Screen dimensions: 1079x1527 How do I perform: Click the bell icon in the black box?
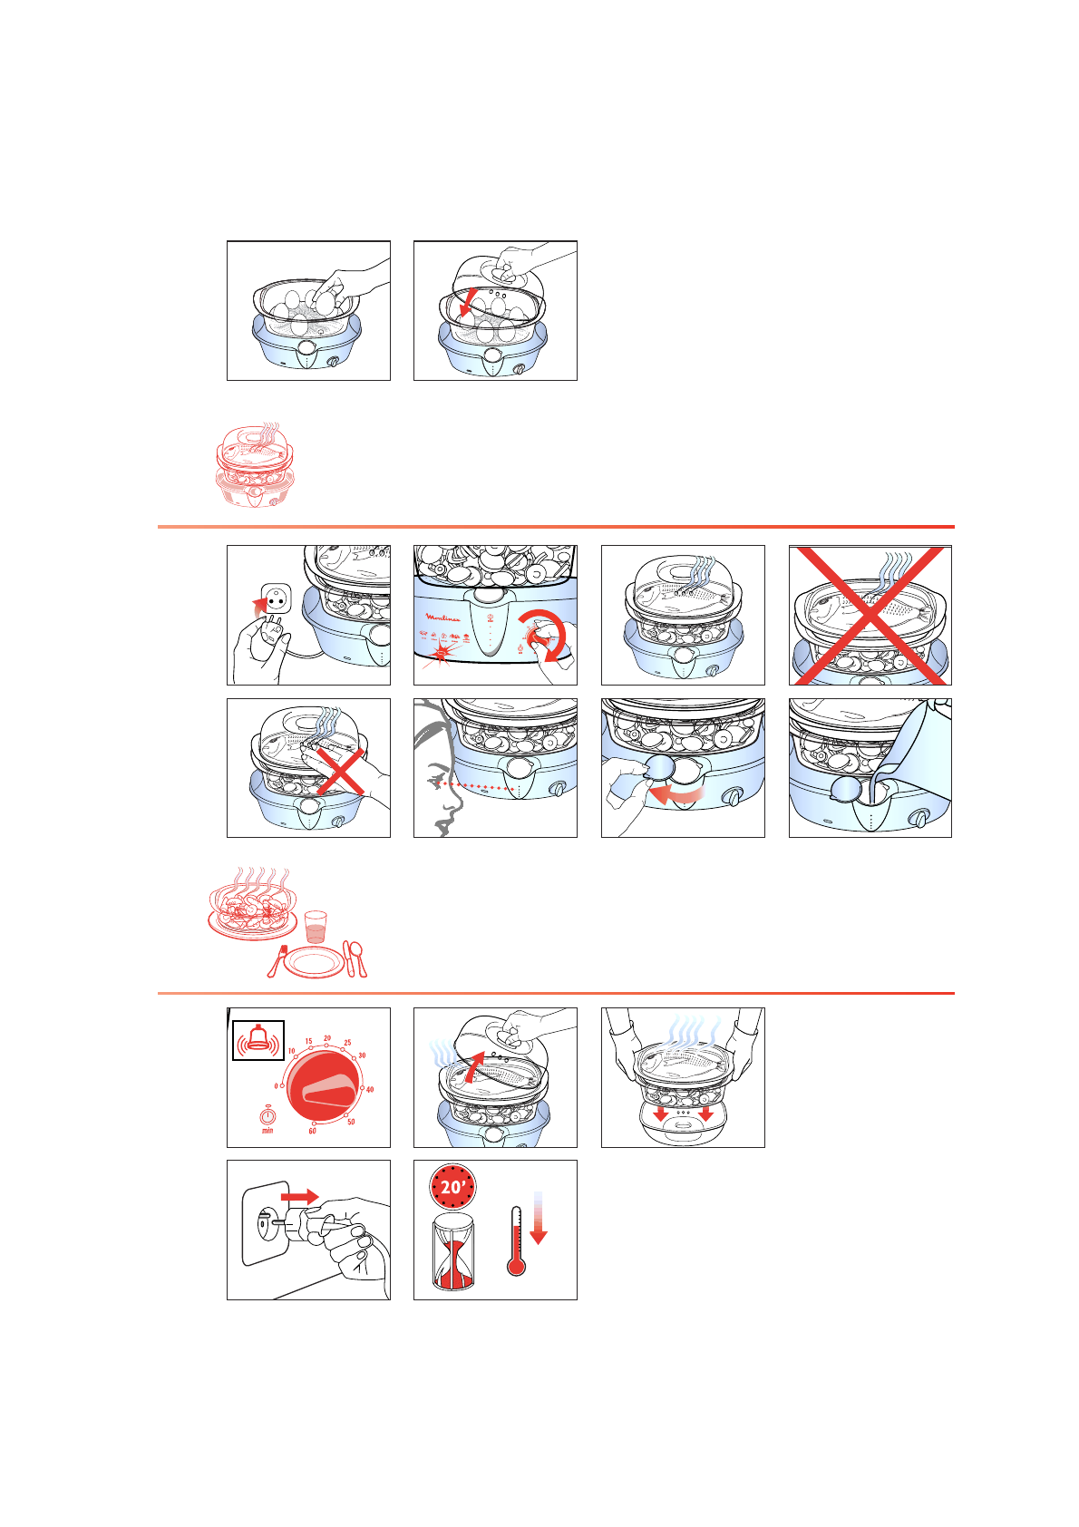pos(258,1040)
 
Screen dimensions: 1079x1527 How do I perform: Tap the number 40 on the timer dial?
pos(370,1090)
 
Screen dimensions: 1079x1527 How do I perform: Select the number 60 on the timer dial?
pos(313,1131)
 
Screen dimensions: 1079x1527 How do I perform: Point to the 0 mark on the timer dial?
pos(277,1085)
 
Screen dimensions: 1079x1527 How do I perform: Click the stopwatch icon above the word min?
pos(267,1115)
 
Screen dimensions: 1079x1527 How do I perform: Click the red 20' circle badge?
pos(452,1187)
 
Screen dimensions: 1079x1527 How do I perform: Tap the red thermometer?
pos(517,1242)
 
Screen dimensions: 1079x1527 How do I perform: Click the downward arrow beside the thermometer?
pos(539,1220)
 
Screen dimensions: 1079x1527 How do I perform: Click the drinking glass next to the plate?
pos(315,928)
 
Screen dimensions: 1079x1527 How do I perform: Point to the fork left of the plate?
pos(277,961)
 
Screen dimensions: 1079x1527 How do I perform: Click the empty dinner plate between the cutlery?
pos(314,962)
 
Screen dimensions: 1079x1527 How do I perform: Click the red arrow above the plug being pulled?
pos(298,1197)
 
